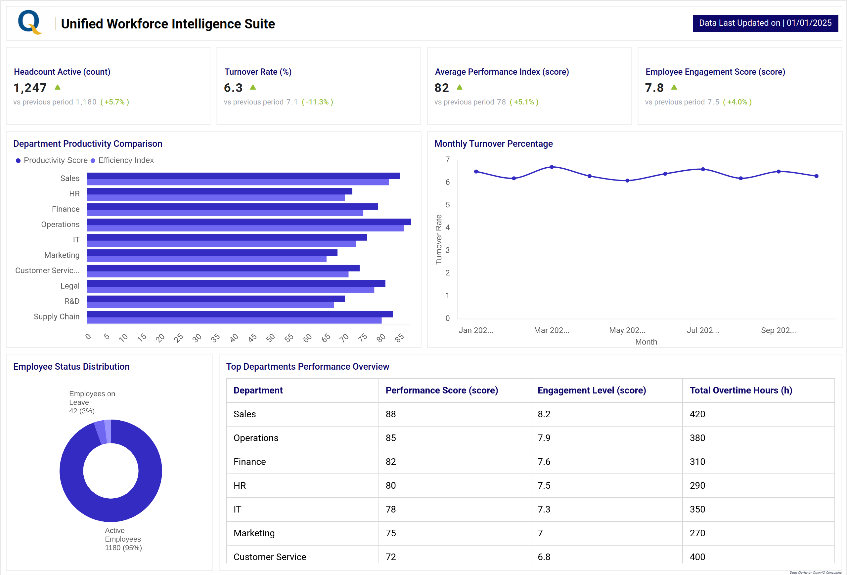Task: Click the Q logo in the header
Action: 29,22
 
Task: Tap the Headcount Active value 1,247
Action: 30,88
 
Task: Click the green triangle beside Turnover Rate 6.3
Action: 253,87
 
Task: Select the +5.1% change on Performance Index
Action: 524,102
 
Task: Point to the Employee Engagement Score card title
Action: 715,72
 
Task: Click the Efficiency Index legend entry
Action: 125,160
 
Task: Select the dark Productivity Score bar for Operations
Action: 248,222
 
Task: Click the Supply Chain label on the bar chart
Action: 57,316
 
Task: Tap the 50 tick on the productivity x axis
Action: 270,338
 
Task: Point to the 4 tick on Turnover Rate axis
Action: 448,227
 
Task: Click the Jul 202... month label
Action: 702,330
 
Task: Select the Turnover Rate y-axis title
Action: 438,239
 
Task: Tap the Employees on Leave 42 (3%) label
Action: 92,402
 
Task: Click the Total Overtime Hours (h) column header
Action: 740,390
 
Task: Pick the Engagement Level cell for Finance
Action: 544,462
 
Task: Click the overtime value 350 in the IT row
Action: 697,510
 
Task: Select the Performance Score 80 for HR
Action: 391,485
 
